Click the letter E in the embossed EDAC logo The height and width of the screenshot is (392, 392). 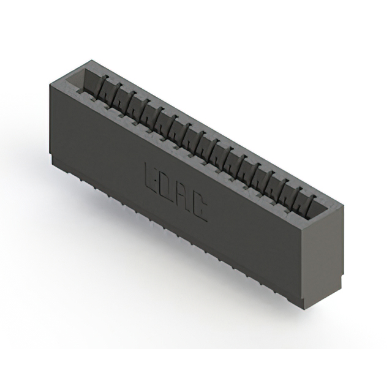(151, 176)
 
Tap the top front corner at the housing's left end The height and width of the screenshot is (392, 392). (48, 84)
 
